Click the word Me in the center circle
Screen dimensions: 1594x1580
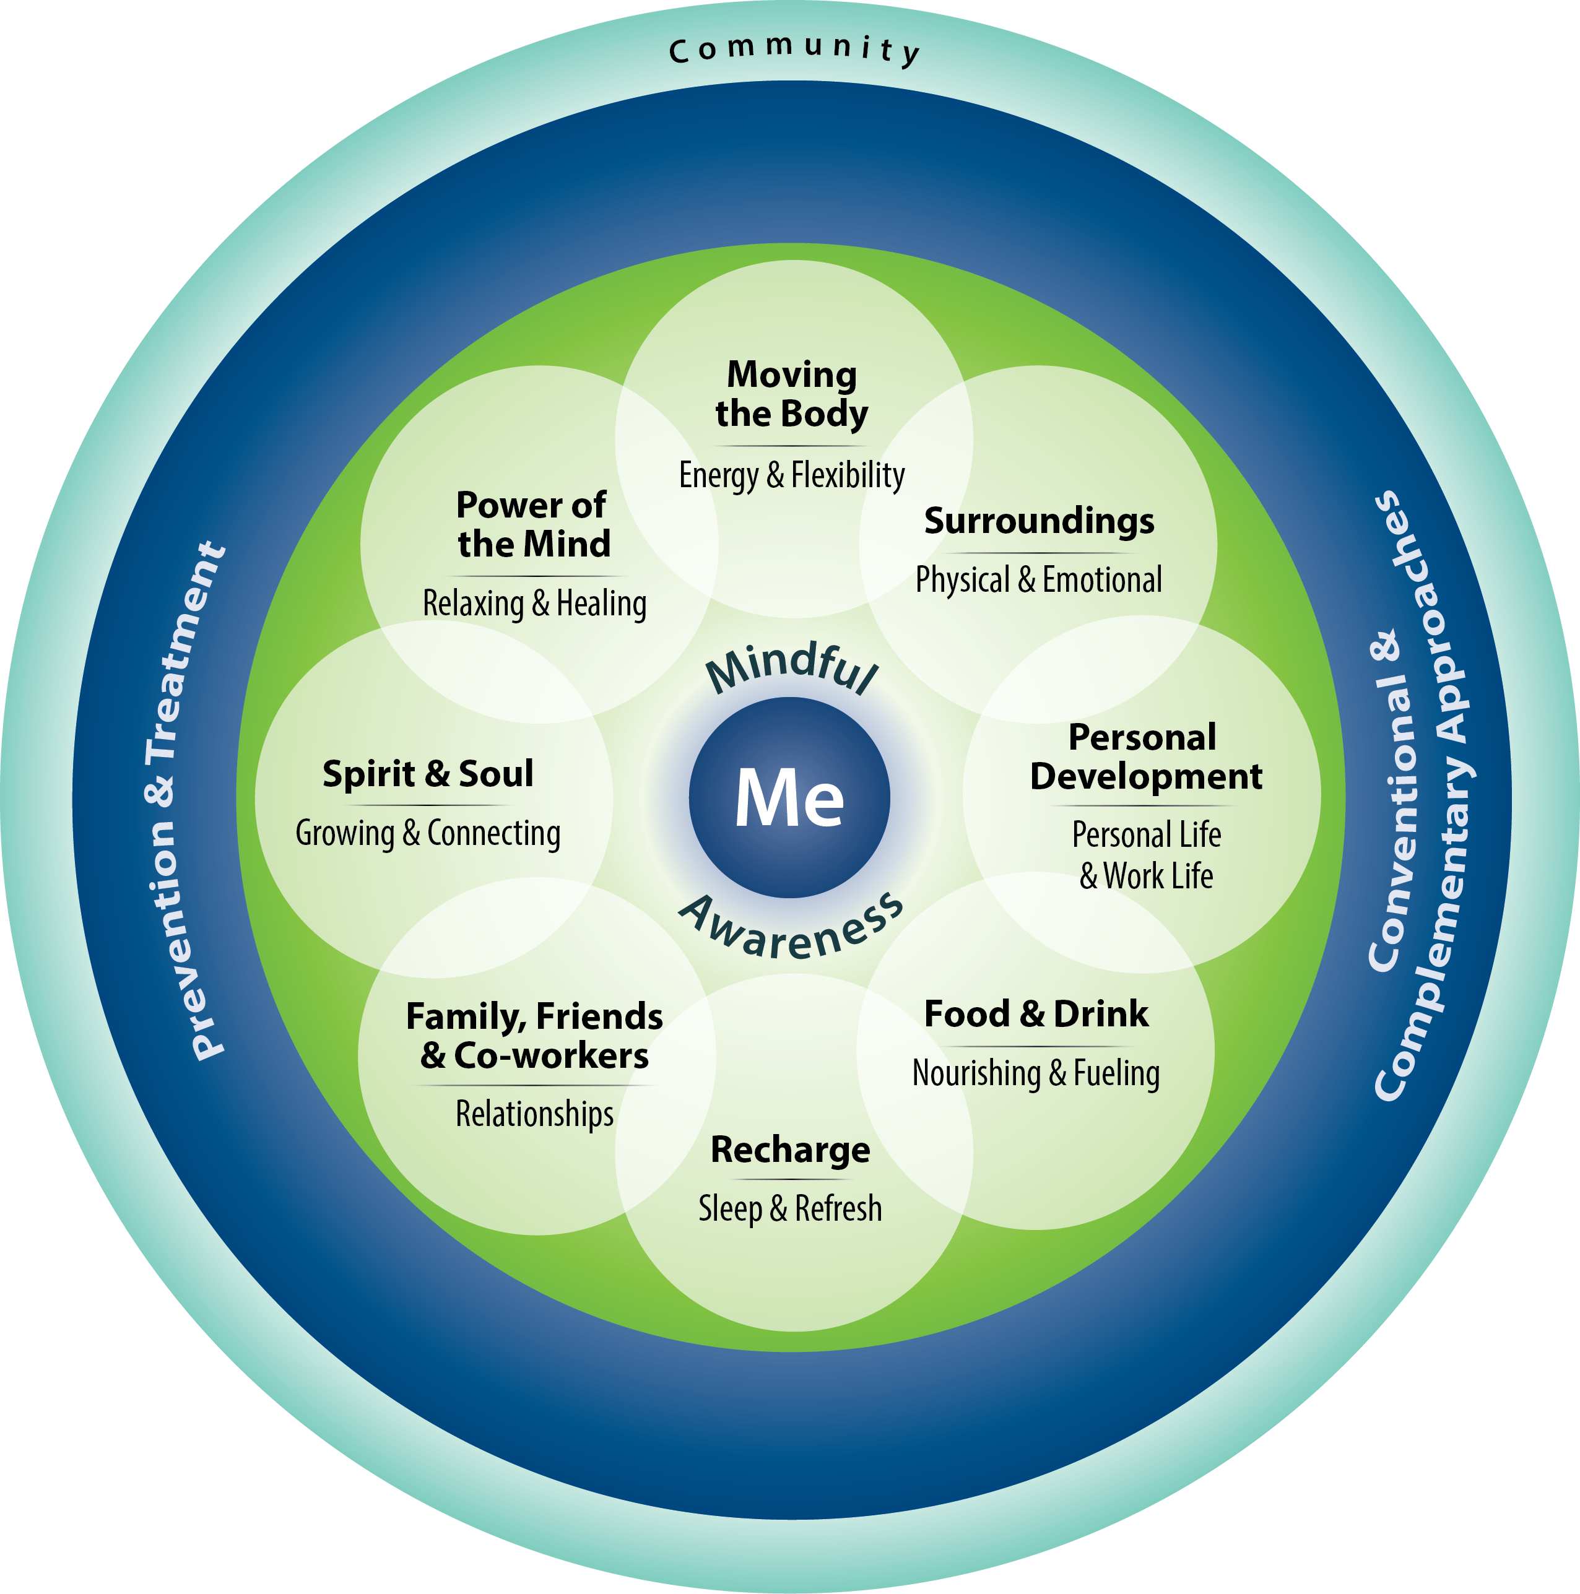(x=789, y=797)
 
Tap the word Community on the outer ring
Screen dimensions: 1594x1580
(x=794, y=50)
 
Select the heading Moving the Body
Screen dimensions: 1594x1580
(x=791, y=394)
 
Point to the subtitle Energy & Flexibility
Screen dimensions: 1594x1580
(x=791, y=475)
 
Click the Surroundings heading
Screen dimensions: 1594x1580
(x=1039, y=521)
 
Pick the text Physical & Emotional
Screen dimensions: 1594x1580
(x=1039, y=579)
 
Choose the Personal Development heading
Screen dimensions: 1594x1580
(x=1145, y=756)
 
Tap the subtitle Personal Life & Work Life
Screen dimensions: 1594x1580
(x=1146, y=855)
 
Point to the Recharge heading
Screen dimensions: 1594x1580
(x=791, y=1150)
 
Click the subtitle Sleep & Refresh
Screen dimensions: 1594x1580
(x=791, y=1209)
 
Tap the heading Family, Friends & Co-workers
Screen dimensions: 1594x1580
(x=535, y=1036)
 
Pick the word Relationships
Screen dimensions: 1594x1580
(x=535, y=1114)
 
